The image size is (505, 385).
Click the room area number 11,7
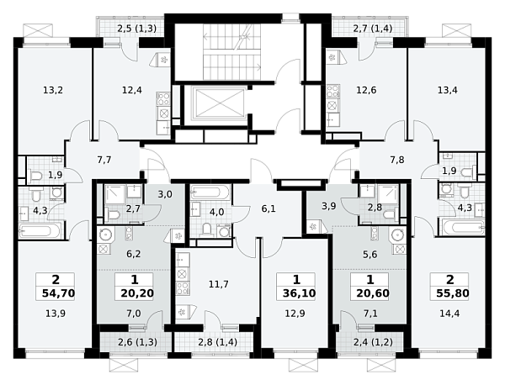[x=219, y=284]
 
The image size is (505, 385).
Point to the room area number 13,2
[x=53, y=91]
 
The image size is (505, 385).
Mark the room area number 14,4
[x=449, y=314]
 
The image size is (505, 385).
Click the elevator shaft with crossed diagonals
[x=220, y=103]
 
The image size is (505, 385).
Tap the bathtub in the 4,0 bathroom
[x=210, y=193]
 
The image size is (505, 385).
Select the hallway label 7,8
[x=397, y=160]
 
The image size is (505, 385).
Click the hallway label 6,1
[x=268, y=209]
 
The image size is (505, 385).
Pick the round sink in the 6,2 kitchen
[x=104, y=235]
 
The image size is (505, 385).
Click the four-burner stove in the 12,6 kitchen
[x=333, y=91]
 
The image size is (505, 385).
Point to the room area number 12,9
[x=295, y=314]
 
